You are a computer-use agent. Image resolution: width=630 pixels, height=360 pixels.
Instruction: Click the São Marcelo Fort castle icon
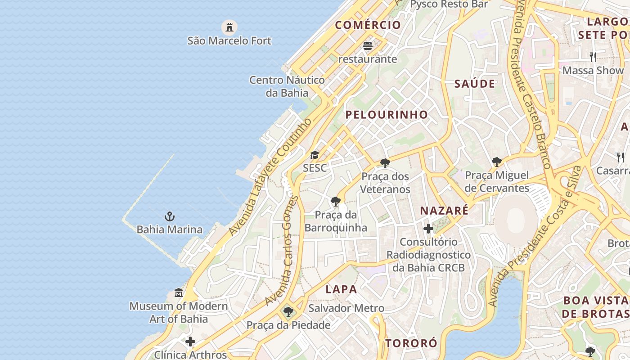(x=229, y=27)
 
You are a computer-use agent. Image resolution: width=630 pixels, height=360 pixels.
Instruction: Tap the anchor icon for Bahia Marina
(x=170, y=216)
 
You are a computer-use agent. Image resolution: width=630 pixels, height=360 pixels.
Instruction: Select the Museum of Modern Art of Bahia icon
(x=179, y=293)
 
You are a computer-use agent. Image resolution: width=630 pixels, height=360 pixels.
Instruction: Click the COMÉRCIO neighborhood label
(x=368, y=25)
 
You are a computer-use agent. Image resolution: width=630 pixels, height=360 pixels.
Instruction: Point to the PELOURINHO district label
(x=387, y=115)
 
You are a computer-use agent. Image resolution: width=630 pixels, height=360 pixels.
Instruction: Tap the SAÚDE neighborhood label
(x=474, y=84)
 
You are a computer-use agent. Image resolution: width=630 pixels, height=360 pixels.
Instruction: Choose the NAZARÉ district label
(x=444, y=211)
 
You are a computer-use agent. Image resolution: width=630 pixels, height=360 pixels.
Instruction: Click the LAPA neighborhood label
(x=341, y=289)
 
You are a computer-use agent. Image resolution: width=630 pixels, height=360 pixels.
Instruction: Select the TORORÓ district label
(x=411, y=343)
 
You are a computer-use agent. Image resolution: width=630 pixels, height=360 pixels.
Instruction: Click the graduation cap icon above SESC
(x=315, y=155)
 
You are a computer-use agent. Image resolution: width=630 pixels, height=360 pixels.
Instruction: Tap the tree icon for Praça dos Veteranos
(x=385, y=163)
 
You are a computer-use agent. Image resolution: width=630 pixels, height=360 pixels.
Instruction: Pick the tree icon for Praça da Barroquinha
(x=335, y=201)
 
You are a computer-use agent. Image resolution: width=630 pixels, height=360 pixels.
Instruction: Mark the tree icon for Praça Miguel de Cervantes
(x=497, y=162)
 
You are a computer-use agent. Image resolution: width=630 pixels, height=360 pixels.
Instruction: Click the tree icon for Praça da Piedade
(x=288, y=311)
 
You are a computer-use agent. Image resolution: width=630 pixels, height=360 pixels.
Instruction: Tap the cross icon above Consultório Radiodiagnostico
(x=428, y=229)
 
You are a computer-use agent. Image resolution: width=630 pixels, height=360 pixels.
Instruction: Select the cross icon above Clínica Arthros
(x=190, y=342)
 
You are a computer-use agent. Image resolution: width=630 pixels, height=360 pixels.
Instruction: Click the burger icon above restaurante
(x=368, y=46)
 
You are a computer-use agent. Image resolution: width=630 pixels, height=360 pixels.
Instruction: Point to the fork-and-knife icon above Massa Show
(x=593, y=57)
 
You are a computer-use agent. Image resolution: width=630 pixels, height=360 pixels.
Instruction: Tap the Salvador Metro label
(x=346, y=308)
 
